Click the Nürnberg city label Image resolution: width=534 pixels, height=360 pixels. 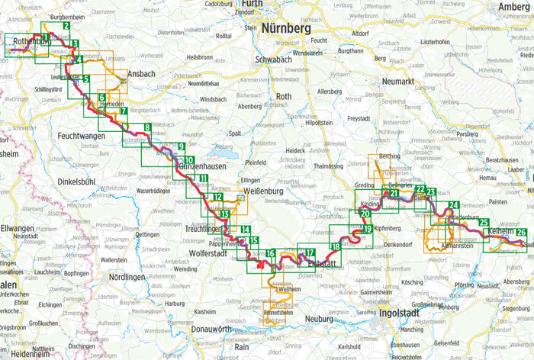[x=286, y=27]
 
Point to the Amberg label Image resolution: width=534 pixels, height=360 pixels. [x=513, y=7]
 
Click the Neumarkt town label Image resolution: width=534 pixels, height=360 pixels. [x=402, y=80]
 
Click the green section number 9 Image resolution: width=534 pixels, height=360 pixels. [x=181, y=146]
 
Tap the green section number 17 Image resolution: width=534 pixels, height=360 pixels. [x=309, y=253]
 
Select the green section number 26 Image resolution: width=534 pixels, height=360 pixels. [x=521, y=232]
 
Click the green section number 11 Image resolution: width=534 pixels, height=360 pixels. [x=204, y=178]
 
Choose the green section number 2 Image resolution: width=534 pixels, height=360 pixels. [x=67, y=26]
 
